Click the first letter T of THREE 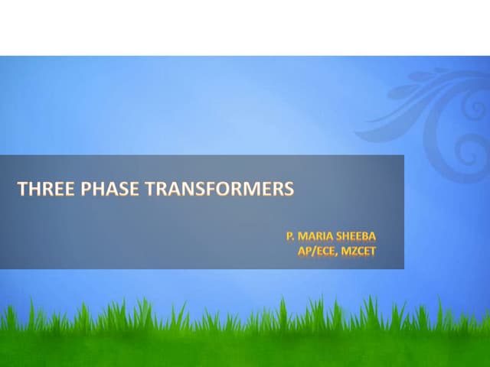coord(22,189)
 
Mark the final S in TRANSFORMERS coord(289,189)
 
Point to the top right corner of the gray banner coord(403,155)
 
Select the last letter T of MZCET coord(373,249)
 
